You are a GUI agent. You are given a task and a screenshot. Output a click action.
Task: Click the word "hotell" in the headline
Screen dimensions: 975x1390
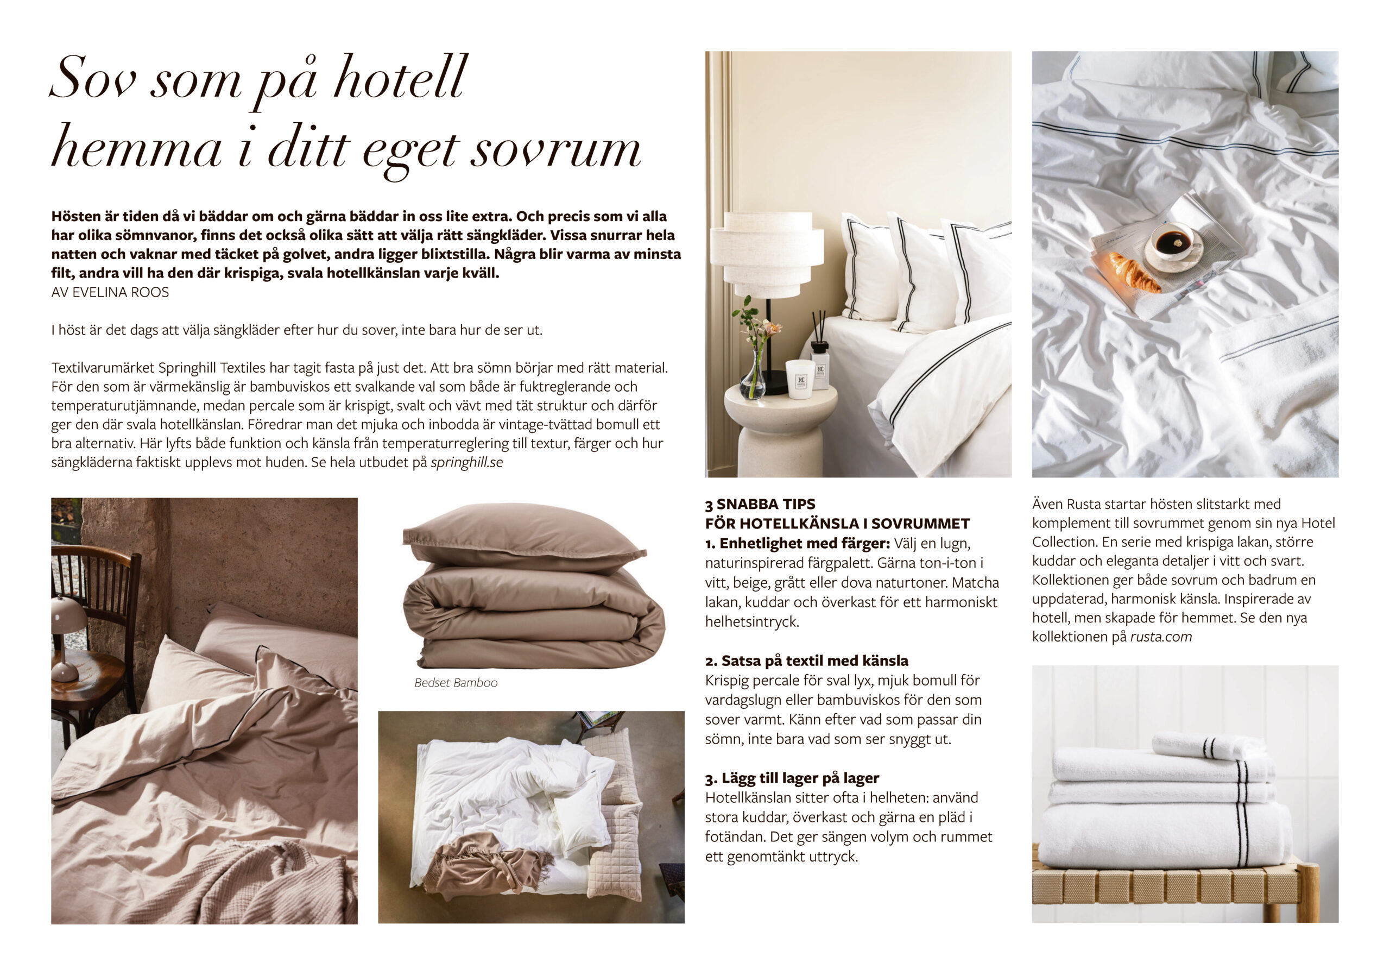pos(400,79)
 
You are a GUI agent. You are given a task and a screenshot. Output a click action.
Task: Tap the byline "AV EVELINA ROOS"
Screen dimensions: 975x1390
pos(110,292)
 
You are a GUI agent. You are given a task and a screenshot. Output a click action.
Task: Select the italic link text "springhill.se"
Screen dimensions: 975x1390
pos(466,463)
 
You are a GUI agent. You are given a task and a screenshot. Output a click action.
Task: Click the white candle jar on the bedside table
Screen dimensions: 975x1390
pos(800,379)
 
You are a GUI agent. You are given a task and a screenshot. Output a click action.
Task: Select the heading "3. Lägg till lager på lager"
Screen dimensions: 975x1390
pos(792,778)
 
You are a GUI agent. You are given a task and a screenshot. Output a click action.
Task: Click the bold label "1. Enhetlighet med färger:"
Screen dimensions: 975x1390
pos(797,543)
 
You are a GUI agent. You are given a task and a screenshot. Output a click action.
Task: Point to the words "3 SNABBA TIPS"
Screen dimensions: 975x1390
pos(760,504)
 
